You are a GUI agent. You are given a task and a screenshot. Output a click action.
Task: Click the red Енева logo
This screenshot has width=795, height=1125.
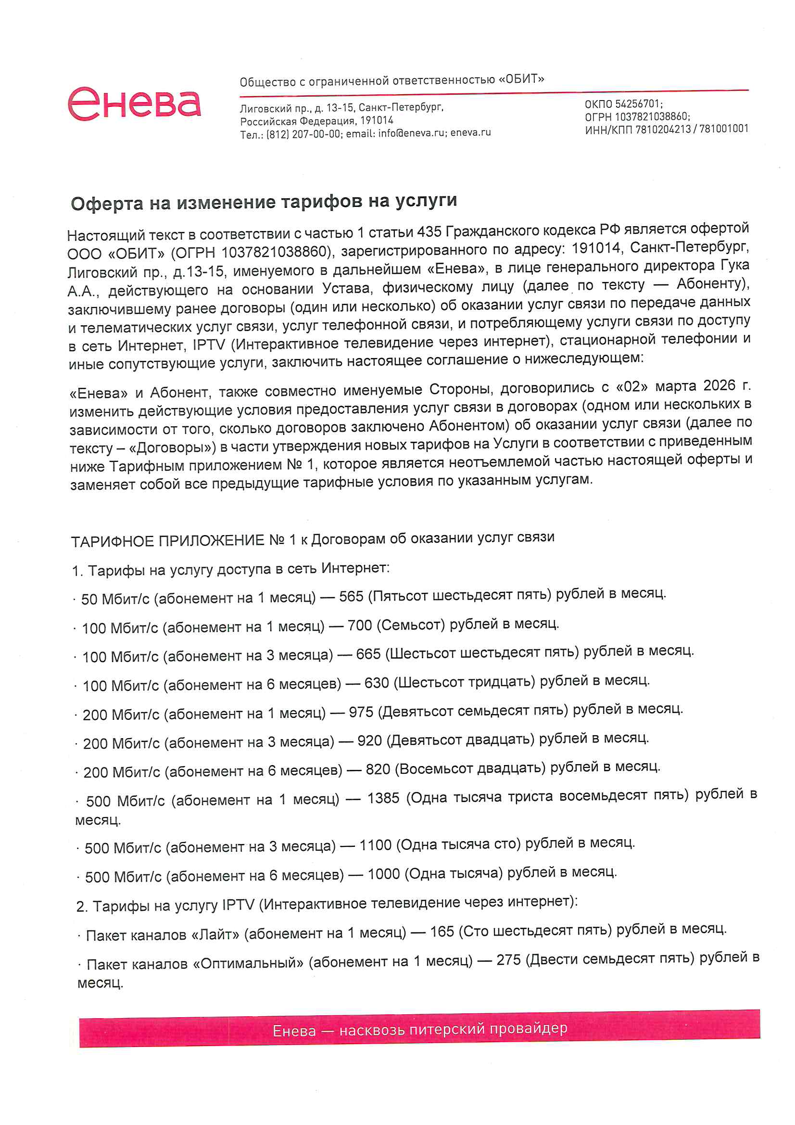coord(134,103)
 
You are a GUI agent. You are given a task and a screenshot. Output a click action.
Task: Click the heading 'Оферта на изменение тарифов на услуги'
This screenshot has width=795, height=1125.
coord(264,202)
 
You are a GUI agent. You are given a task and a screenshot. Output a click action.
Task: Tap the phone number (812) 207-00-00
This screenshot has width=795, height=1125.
coord(303,134)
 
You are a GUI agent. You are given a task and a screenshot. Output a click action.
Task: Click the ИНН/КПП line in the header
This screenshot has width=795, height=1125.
coord(666,129)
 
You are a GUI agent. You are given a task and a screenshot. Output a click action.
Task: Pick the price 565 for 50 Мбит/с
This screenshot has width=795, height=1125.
coord(351,596)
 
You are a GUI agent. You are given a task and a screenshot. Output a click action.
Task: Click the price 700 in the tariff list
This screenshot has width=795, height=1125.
coord(360,625)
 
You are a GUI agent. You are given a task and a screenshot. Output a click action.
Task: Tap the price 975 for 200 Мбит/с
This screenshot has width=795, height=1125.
coord(361,712)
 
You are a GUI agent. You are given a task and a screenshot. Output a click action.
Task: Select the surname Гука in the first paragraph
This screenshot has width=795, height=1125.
coord(735,265)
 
